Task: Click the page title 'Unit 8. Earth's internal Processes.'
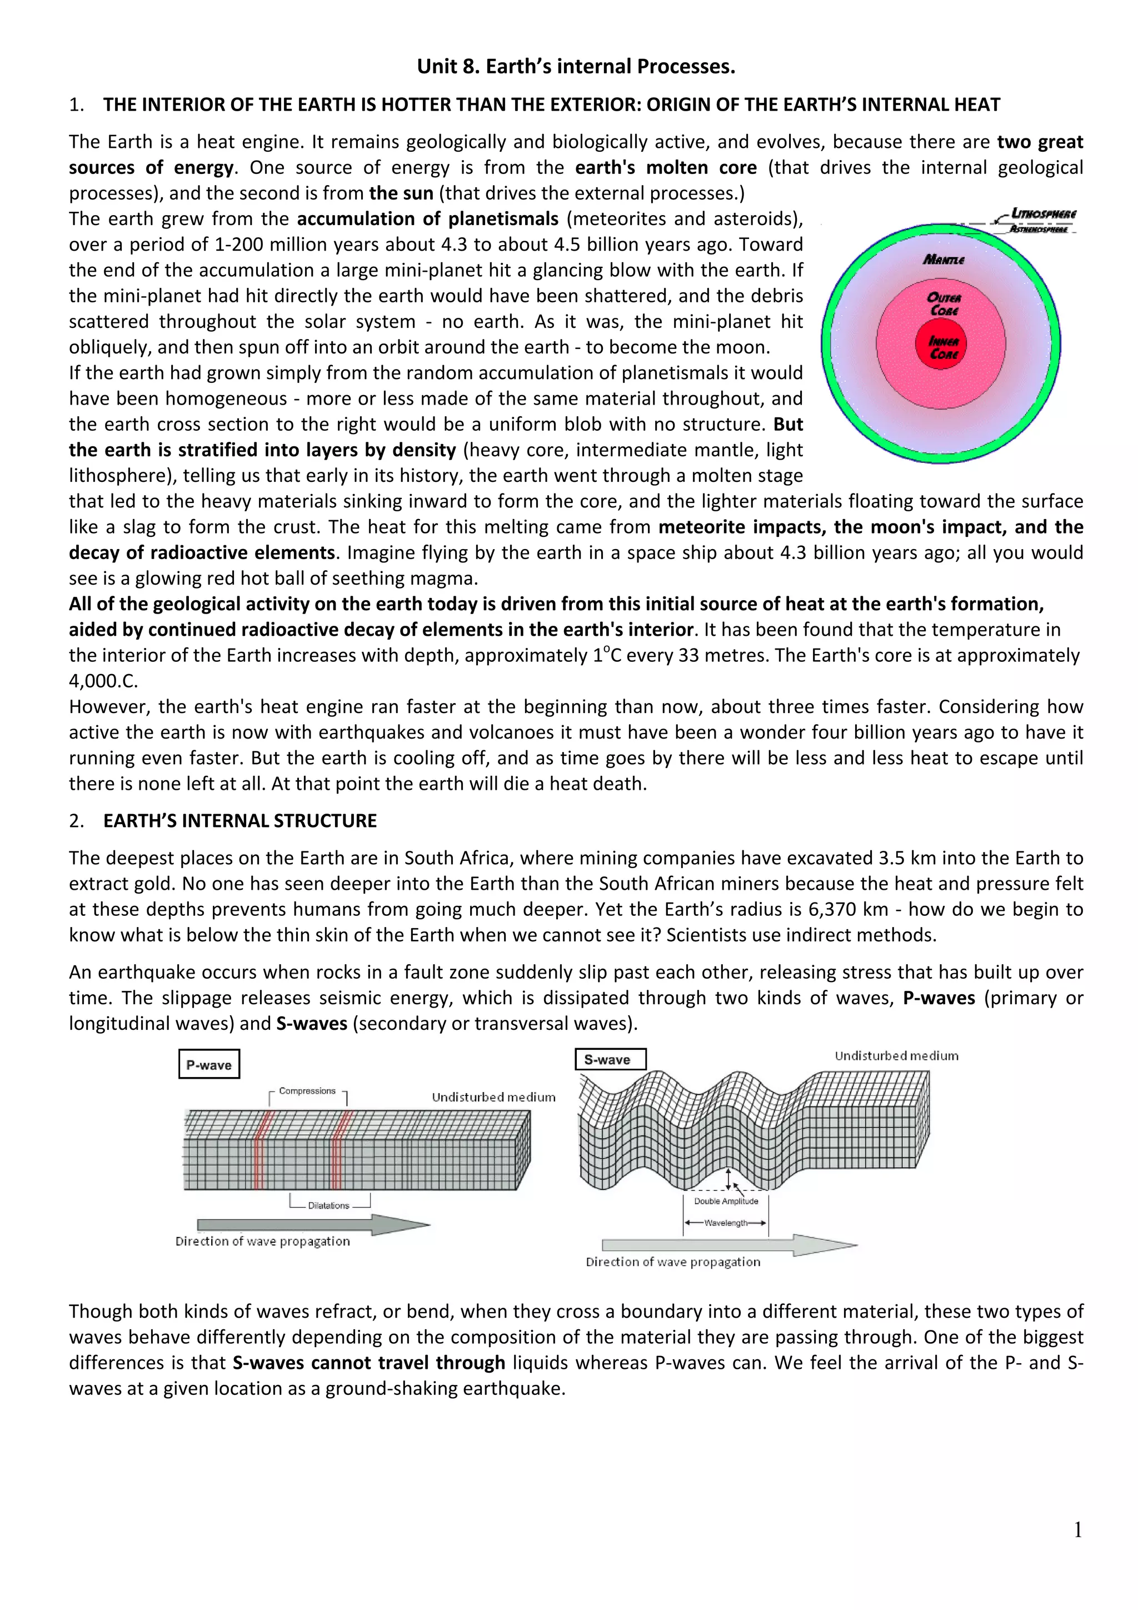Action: click(576, 67)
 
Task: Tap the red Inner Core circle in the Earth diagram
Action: click(943, 346)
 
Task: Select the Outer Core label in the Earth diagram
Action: click(944, 303)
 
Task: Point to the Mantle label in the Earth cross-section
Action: click(944, 260)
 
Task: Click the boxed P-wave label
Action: click(209, 1064)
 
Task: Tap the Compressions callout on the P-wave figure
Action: click(307, 1091)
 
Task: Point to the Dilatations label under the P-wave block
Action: click(329, 1205)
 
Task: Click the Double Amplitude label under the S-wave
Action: click(726, 1201)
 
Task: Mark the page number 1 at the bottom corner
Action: click(1077, 1530)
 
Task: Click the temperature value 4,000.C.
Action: click(104, 681)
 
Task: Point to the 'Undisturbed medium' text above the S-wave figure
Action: click(896, 1056)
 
